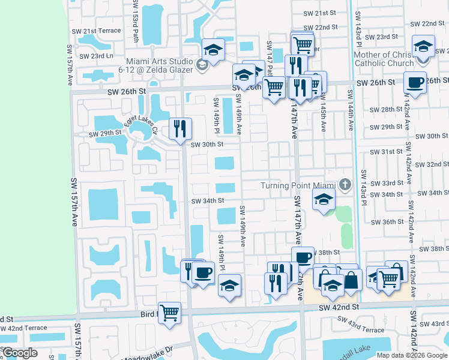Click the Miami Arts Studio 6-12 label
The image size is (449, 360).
(159, 65)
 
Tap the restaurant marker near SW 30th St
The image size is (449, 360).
(180, 128)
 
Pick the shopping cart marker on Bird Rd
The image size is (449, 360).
(170, 313)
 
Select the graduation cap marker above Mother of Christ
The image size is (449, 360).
(424, 47)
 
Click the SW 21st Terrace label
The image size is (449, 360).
(102, 31)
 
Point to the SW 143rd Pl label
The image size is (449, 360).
(363, 187)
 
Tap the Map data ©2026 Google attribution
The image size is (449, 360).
(411, 355)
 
